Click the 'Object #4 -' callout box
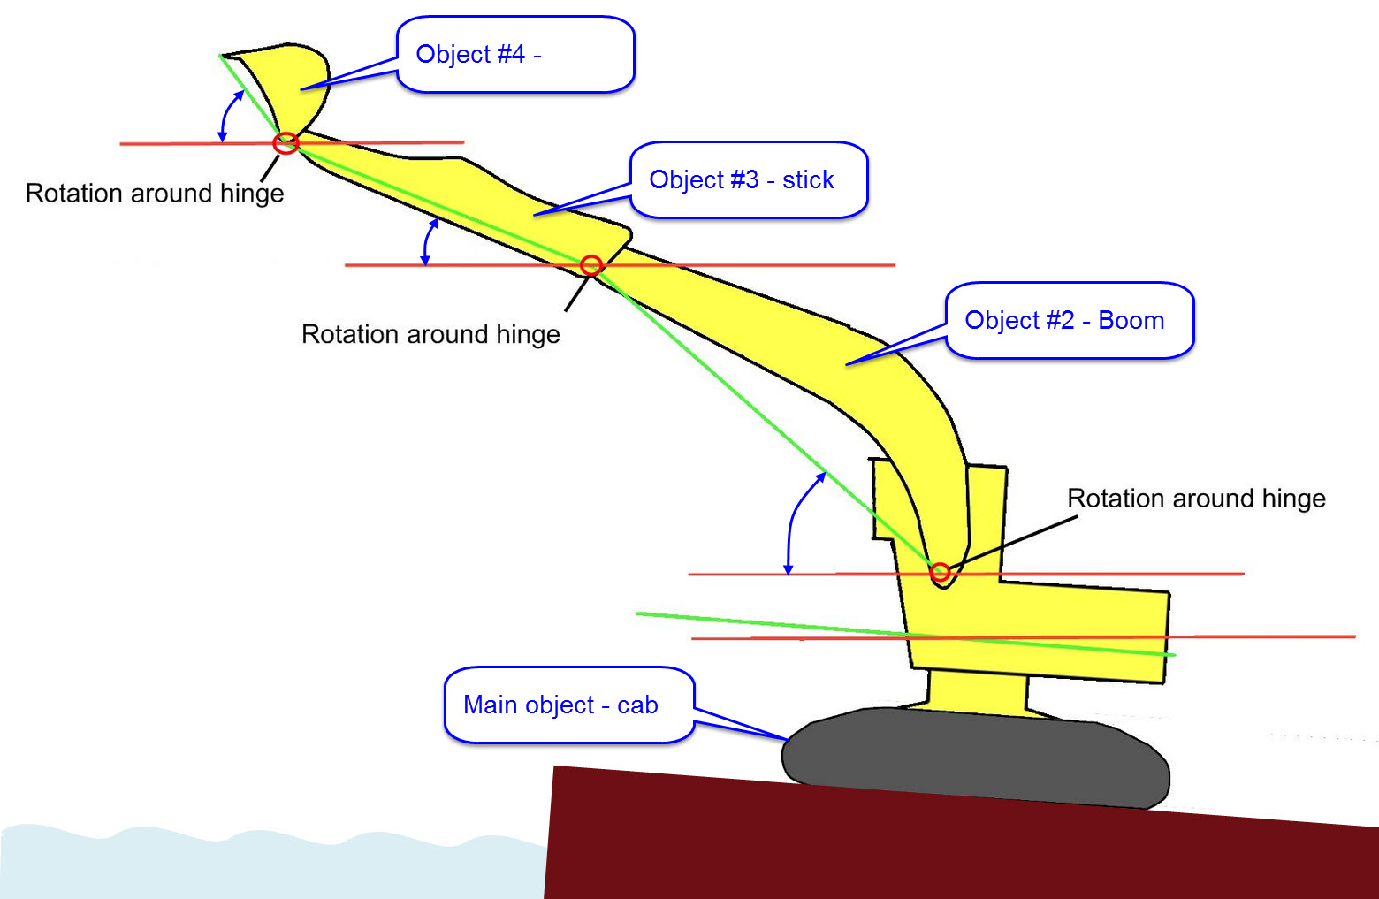coord(515,55)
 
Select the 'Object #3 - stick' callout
coord(749,179)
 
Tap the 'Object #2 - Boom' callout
coord(1070,320)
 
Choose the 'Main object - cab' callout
coord(568,705)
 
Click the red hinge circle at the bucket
coord(286,143)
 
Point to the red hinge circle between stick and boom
coord(591,265)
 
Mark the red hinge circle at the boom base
coord(941,573)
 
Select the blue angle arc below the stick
coord(428,240)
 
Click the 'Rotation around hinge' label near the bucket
coord(155,194)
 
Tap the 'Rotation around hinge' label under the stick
coord(430,334)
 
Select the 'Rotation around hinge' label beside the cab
coord(1196,499)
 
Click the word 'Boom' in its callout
coord(1131,320)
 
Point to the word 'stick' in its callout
coord(808,179)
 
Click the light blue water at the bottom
coord(265,862)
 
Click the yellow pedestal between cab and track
coord(977,689)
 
